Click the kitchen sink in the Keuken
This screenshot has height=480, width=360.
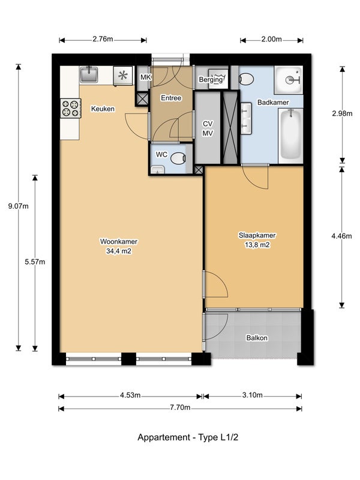pyautogui.click(x=89, y=74)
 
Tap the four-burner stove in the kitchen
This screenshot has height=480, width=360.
pyautogui.click(x=71, y=109)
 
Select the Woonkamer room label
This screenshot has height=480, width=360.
pyautogui.click(x=119, y=242)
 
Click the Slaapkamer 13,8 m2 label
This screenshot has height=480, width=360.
pyautogui.click(x=257, y=240)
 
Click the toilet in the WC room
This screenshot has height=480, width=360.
pyautogui.click(x=178, y=158)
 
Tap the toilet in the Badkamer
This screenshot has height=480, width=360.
pyautogui.click(x=246, y=79)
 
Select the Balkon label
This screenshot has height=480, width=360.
pyautogui.click(x=257, y=338)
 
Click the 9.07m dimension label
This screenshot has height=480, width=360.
pyautogui.click(x=19, y=206)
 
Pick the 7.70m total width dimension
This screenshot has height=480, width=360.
pyautogui.click(x=181, y=407)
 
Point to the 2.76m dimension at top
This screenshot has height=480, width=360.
pyautogui.click(x=103, y=39)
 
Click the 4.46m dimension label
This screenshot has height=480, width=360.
pyautogui.click(x=341, y=236)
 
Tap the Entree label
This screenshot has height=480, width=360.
pyautogui.click(x=171, y=98)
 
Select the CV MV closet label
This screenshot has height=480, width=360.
pyautogui.click(x=208, y=128)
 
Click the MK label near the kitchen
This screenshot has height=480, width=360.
pyautogui.click(x=146, y=77)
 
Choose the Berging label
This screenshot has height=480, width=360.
pyautogui.click(x=211, y=80)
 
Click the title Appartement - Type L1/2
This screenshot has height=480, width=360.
pyautogui.click(x=188, y=437)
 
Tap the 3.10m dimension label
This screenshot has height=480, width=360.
pyautogui.click(x=252, y=395)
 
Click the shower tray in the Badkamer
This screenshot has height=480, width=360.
pyautogui.click(x=288, y=80)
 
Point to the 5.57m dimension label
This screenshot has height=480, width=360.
pyautogui.click(x=35, y=262)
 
